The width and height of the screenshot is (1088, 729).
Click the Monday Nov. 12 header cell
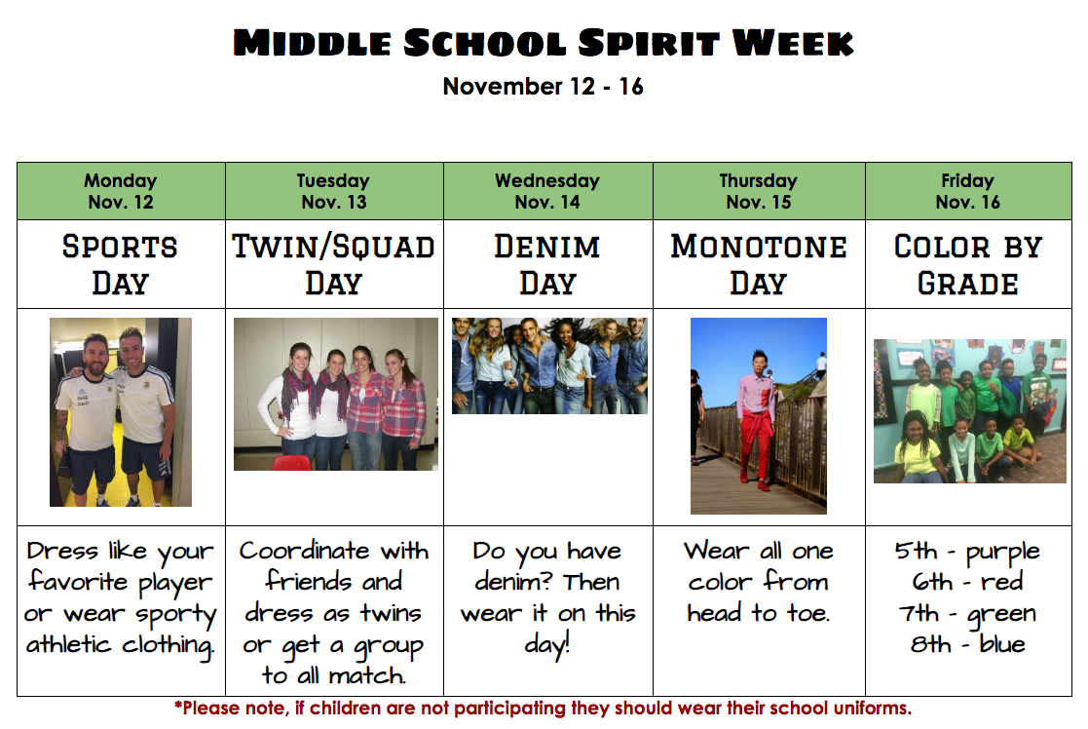point(121,191)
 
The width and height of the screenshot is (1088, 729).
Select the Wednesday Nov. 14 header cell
point(547,191)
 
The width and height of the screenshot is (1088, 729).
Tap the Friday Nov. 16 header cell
point(968,191)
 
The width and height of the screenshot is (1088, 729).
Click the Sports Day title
point(120,265)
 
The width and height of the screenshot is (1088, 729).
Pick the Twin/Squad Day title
point(334,265)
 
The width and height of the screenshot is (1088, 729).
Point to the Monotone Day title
point(759,265)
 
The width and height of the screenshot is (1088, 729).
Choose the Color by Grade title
point(968,265)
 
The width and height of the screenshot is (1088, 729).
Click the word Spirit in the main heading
point(648,43)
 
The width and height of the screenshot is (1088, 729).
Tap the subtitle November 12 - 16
point(544,86)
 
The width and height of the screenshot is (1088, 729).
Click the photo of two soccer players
point(121,411)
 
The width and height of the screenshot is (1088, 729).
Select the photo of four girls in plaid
point(336,394)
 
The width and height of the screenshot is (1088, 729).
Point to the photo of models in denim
point(549,365)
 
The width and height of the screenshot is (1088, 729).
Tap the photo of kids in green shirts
point(969,411)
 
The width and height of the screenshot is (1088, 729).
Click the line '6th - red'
point(968,581)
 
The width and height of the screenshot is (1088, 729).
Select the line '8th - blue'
point(968,643)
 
